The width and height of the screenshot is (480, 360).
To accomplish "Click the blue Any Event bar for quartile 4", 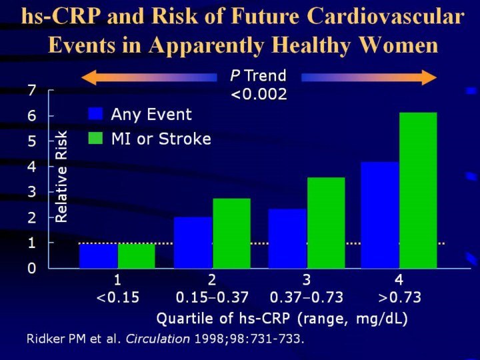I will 380,215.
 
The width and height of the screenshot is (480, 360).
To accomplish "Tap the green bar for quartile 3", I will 326,223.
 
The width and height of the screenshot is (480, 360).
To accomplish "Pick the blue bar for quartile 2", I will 193,242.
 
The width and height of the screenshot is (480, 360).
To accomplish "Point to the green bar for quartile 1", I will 136,256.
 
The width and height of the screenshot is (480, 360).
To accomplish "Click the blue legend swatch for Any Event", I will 96,114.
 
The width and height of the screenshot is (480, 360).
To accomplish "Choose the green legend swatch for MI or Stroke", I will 96,139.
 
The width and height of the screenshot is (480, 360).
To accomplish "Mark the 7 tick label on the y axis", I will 31,90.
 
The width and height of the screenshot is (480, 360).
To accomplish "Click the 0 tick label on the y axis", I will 31,268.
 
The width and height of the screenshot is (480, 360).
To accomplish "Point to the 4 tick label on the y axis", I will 31,167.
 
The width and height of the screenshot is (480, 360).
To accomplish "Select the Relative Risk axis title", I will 61,176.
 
